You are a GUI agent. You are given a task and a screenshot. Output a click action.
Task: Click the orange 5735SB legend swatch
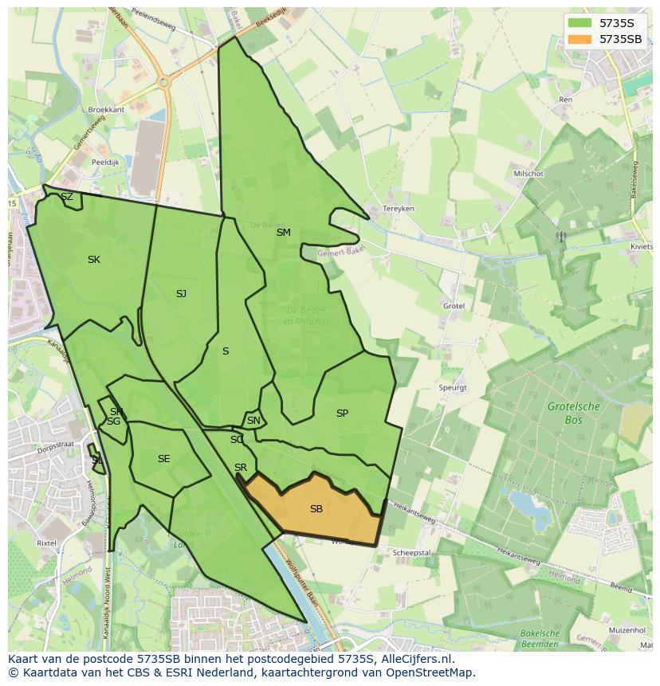coord(580,39)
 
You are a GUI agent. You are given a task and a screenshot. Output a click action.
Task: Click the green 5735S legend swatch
coord(580,23)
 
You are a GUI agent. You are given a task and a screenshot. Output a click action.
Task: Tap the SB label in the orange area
coord(316,509)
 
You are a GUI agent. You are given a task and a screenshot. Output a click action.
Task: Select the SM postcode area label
coord(284,233)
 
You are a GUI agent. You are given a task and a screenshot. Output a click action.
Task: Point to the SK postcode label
coord(94,260)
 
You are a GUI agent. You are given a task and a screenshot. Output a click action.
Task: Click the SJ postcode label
coord(181,294)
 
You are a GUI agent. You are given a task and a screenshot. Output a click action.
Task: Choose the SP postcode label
coord(342,414)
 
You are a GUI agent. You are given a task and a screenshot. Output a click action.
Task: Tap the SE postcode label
coord(163,459)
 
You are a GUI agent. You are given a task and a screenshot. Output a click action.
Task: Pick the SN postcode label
coord(253,421)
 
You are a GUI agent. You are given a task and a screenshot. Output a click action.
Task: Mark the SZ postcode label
coord(67,197)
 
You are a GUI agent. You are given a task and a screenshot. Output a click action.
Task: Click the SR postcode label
coord(241,468)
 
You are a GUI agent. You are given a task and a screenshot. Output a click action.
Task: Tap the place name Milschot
coord(528,174)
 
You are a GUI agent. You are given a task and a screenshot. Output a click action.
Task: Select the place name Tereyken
coord(399,209)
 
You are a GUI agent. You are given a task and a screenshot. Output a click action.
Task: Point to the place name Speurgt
coord(452,388)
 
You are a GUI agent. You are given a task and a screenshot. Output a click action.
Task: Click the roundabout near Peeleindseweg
coord(164,81)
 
